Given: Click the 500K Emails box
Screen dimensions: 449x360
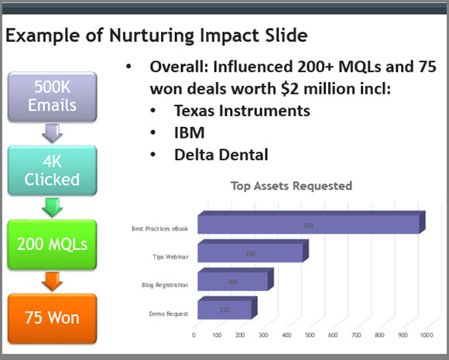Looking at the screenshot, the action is pyautogui.click(x=52, y=97).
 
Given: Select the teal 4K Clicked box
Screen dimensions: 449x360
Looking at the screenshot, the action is pyautogui.click(x=52, y=170).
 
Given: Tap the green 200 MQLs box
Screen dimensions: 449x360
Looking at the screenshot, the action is pyautogui.click(x=52, y=245).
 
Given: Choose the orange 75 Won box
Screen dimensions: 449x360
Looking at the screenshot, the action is pyautogui.click(x=52, y=318).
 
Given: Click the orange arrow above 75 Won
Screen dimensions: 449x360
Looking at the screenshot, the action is pyautogui.click(x=52, y=281).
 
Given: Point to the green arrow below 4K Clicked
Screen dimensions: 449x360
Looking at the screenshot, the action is pyautogui.click(x=52, y=207).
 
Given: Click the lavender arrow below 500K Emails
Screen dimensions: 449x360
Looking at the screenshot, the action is pyautogui.click(x=52, y=133).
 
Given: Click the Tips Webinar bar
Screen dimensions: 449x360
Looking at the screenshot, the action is pyautogui.click(x=253, y=251).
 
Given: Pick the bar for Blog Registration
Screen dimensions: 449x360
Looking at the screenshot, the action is pyautogui.click(x=235, y=279).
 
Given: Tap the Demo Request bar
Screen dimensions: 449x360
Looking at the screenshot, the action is pyautogui.click(x=228, y=308).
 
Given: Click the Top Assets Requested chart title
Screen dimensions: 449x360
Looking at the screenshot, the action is pyautogui.click(x=292, y=186).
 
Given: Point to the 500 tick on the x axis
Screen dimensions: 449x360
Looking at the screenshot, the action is pyautogui.click(x=310, y=334).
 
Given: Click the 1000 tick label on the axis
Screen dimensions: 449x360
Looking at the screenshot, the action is pyautogui.click(x=427, y=334).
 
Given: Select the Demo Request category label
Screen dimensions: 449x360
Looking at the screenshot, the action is pyautogui.click(x=169, y=314).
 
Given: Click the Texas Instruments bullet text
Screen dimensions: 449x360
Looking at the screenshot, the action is pyautogui.click(x=242, y=111).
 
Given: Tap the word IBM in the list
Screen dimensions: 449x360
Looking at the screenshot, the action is pyautogui.click(x=190, y=132).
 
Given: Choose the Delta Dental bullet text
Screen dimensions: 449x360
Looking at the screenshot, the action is pyautogui.click(x=221, y=155).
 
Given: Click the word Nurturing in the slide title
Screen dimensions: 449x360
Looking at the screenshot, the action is pyautogui.click(x=151, y=36).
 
